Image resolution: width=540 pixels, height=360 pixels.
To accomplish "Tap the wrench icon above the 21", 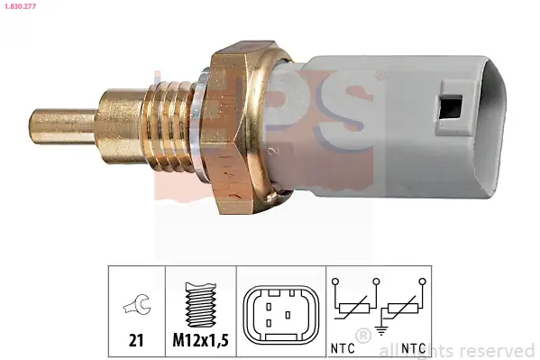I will pos(136,307).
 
